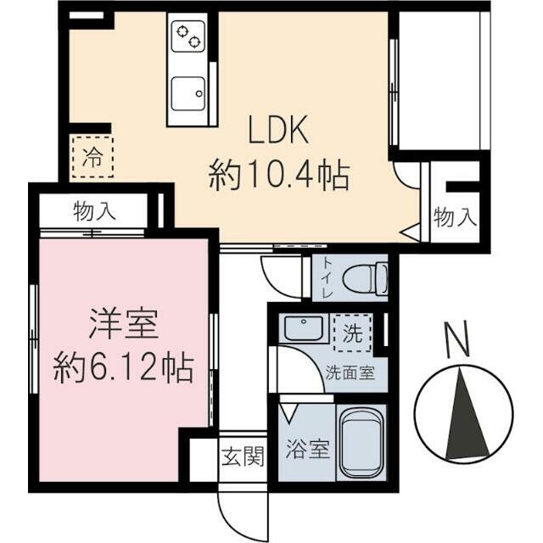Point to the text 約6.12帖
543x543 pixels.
point(123,368)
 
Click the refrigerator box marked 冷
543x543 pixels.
point(92,156)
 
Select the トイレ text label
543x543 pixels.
point(327,277)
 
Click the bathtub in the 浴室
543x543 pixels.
point(362,442)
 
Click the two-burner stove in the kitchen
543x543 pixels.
point(188,37)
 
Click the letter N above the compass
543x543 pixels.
point(458,341)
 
